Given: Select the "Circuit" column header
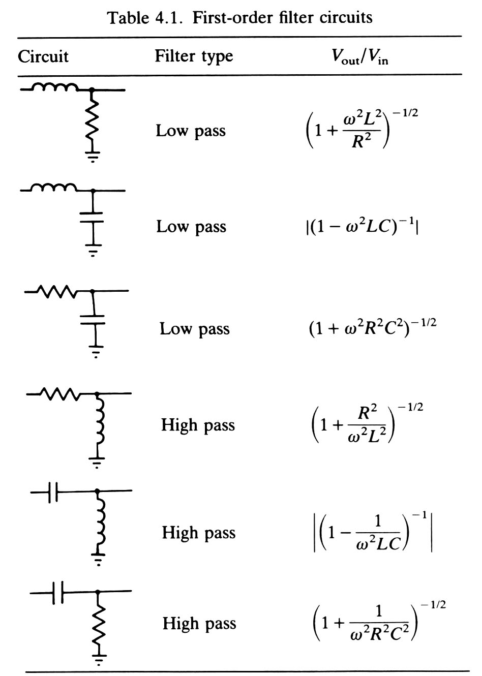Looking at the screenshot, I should pos(43,56).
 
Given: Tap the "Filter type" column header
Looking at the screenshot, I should pos(194,56).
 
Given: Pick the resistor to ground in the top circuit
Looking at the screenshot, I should pos(92,119).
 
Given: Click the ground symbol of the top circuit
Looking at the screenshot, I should pos(92,155).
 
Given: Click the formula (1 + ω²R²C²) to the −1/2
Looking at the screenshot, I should pos(372,328).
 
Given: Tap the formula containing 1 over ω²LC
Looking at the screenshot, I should pos(373,533).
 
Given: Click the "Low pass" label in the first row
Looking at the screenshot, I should pos(191,131).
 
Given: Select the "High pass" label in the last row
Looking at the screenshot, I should pos(199,623).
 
